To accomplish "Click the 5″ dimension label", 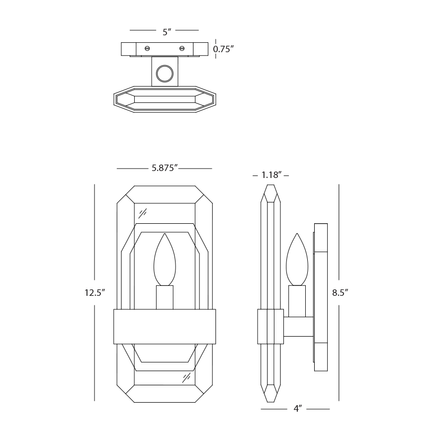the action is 167,32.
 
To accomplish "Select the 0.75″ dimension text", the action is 224,49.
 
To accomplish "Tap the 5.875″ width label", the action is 165,168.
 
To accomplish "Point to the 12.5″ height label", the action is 94,293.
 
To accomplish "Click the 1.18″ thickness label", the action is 271,175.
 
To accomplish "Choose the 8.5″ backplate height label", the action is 340,293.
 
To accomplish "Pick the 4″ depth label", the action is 298,409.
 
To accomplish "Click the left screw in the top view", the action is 147,49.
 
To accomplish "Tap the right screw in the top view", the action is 182,49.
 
